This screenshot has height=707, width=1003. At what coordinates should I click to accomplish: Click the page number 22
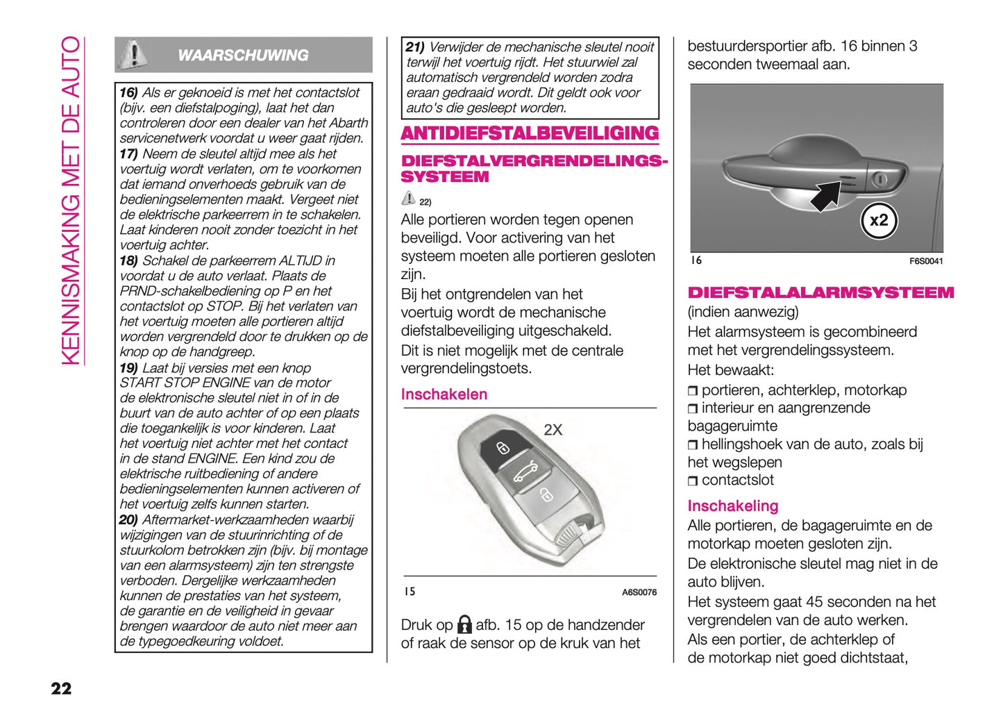tap(61, 688)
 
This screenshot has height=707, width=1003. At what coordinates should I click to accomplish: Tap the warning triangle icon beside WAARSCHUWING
tap(133, 54)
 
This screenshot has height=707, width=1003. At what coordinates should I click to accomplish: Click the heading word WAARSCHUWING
tap(243, 56)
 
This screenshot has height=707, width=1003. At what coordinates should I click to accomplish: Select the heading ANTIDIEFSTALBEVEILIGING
tap(530, 133)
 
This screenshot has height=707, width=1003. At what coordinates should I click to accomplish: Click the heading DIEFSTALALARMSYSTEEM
tap(820, 292)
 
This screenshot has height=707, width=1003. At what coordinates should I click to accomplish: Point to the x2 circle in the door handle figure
tap(879, 220)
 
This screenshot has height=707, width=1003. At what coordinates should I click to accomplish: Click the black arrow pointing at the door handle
tap(827, 194)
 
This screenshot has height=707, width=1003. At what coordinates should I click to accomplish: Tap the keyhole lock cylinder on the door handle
tap(880, 179)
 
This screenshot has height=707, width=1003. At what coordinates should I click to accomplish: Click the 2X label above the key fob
tap(553, 430)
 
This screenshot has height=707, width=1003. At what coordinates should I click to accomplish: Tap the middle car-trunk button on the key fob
tap(525, 473)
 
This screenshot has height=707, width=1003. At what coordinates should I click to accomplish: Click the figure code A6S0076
tap(639, 592)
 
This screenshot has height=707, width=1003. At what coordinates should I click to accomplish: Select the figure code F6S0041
tap(926, 261)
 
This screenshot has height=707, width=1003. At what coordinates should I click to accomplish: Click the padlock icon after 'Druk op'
tap(464, 624)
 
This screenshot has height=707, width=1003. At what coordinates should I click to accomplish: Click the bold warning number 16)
tap(128, 93)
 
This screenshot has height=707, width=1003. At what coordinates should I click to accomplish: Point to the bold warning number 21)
tap(415, 47)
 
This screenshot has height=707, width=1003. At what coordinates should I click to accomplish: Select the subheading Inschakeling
tap(732, 506)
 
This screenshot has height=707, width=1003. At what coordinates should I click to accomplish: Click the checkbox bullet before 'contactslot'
tap(693, 481)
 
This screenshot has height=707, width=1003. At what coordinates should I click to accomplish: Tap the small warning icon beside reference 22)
tap(408, 198)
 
